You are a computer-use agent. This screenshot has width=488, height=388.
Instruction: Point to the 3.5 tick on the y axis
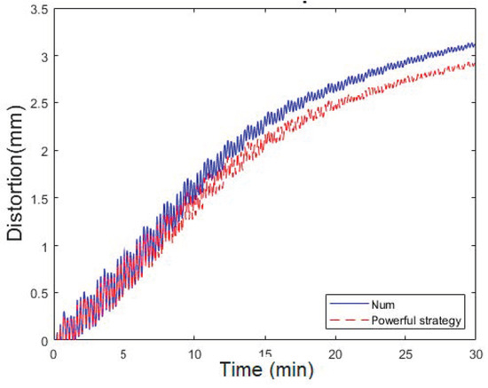click(39, 9)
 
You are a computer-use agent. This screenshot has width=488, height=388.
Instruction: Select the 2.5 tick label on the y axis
click(39, 104)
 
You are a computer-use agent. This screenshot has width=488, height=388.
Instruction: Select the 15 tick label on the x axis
click(265, 352)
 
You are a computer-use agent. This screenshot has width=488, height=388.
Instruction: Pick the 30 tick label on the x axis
click(476, 352)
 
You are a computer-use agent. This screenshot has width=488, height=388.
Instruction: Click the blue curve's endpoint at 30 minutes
click(476, 44)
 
